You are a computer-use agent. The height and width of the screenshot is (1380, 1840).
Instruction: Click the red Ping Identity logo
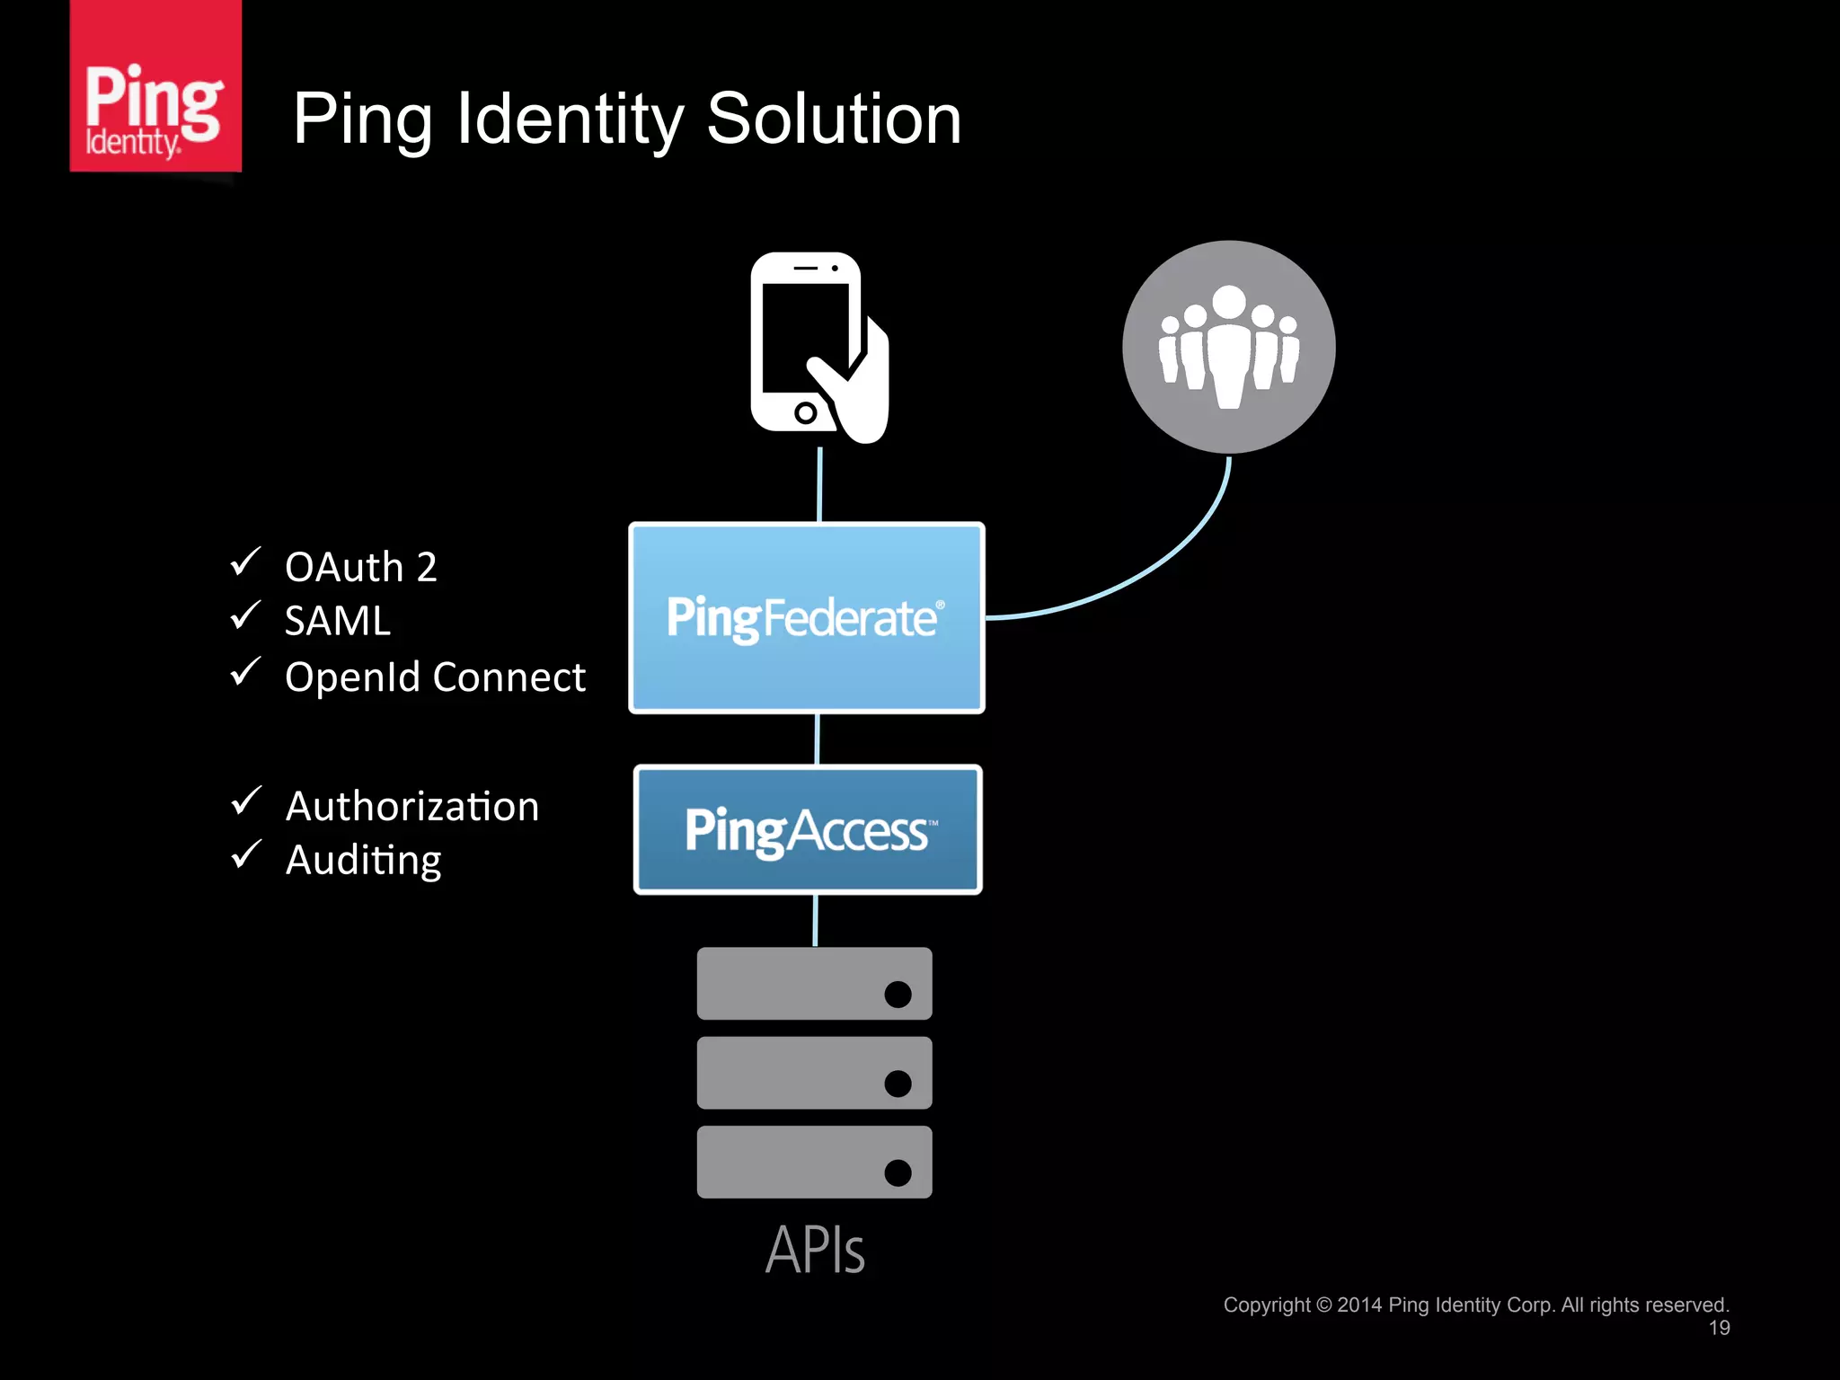click(x=155, y=87)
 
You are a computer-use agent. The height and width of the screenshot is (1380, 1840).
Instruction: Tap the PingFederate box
click(x=806, y=618)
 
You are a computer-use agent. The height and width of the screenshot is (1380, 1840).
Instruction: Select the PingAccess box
click(x=807, y=830)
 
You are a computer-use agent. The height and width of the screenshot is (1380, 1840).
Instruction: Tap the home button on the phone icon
click(x=805, y=413)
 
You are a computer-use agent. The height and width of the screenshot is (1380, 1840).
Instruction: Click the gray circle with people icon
click(x=1228, y=347)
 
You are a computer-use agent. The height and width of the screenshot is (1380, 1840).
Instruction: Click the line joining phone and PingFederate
click(x=819, y=485)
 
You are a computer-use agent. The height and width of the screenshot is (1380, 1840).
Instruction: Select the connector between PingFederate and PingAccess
click(x=817, y=739)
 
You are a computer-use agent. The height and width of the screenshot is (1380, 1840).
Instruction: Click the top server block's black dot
click(x=898, y=995)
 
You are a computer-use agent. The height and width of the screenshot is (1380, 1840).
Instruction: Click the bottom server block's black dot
click(x=898, y=1172)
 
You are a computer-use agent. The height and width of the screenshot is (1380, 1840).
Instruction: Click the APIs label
click(x=815, y=1250)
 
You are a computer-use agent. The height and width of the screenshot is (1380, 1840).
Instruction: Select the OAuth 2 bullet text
click(x=361, y=568)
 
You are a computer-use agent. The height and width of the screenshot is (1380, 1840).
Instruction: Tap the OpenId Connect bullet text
click(x=435, y=677)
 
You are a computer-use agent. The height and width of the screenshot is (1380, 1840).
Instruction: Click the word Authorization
click(x=412, y=806)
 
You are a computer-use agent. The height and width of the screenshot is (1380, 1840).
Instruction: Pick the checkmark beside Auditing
click(x=245, y=854)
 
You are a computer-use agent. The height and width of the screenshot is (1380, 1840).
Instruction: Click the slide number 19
click(x=1719, y=1328)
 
